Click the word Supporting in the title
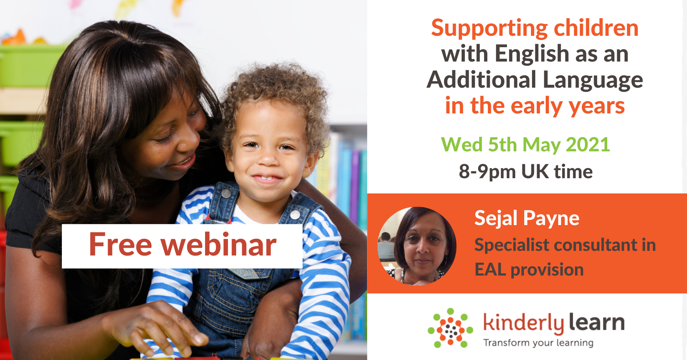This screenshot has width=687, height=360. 489,29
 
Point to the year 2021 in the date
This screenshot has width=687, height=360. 588,145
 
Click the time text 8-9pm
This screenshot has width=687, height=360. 487,172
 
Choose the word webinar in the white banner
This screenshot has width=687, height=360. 219,245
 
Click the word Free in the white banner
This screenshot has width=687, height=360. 121,245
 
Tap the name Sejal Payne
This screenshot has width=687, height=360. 527,218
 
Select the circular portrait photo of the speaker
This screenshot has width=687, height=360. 417,246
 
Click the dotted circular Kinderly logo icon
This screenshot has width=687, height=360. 450,328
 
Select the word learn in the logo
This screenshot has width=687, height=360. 596,322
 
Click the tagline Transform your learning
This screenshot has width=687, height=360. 538,343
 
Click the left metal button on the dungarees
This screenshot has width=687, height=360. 226,194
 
